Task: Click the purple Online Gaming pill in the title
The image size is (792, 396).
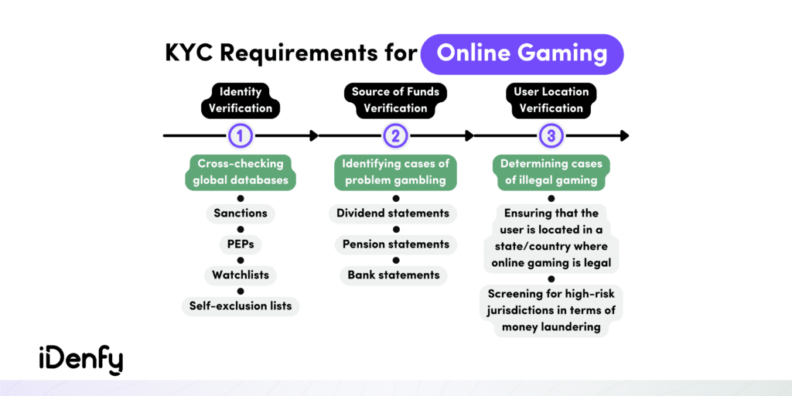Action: tap(522, 55)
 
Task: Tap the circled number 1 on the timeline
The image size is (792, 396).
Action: tap(241, 135)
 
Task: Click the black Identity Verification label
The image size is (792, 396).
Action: tap(241, 101)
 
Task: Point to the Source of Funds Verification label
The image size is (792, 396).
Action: tap(395, 101)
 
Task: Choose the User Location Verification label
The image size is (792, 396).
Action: tap(551, 101)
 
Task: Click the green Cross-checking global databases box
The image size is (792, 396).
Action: tap(241, 172)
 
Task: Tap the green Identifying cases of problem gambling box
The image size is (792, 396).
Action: tap(395, 172)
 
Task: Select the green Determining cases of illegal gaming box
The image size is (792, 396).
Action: tap(551, 172)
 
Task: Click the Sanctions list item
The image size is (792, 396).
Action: tap(241, 213)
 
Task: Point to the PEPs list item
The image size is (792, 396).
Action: tap(241, 244)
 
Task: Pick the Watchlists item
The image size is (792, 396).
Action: tap(241, 275)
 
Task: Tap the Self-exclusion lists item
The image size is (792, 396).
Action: tap(241, 306)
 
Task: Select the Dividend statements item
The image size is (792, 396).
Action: tap(395, 213)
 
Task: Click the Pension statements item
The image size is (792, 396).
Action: tap(395, 244)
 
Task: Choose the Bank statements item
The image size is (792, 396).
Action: tap(394, 275)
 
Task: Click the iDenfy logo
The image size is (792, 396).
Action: tap(80, 360)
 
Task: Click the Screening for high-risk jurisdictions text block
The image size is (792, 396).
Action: tap(551, 310)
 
